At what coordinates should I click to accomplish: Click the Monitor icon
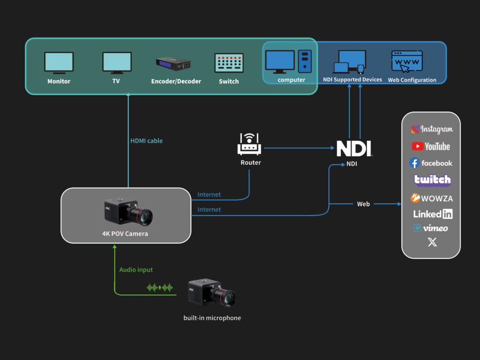[x=59, y=63]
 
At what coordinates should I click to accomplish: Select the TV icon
[x=117, y=63]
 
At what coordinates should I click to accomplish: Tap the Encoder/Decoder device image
[x=174, y=63]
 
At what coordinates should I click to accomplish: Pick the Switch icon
[x=229, y=63]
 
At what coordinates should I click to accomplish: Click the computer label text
[x=291, y=80]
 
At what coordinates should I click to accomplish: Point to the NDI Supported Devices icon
[x=349, y=62]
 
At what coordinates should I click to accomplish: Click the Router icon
[x=250, y=144]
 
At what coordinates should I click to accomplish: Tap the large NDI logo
[x=354, y=149]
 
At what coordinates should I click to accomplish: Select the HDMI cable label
[x=147, y=141]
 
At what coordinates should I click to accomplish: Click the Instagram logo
[x=432, y=129]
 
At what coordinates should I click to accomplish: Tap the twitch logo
[x=432, y=180]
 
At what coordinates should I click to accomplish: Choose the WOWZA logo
[x=432, y=198]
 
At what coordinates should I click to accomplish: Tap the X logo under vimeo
[x=432, y=242]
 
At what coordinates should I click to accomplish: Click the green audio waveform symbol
[x=160, y=287]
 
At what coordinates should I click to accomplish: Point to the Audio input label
[x=136, y=270]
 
